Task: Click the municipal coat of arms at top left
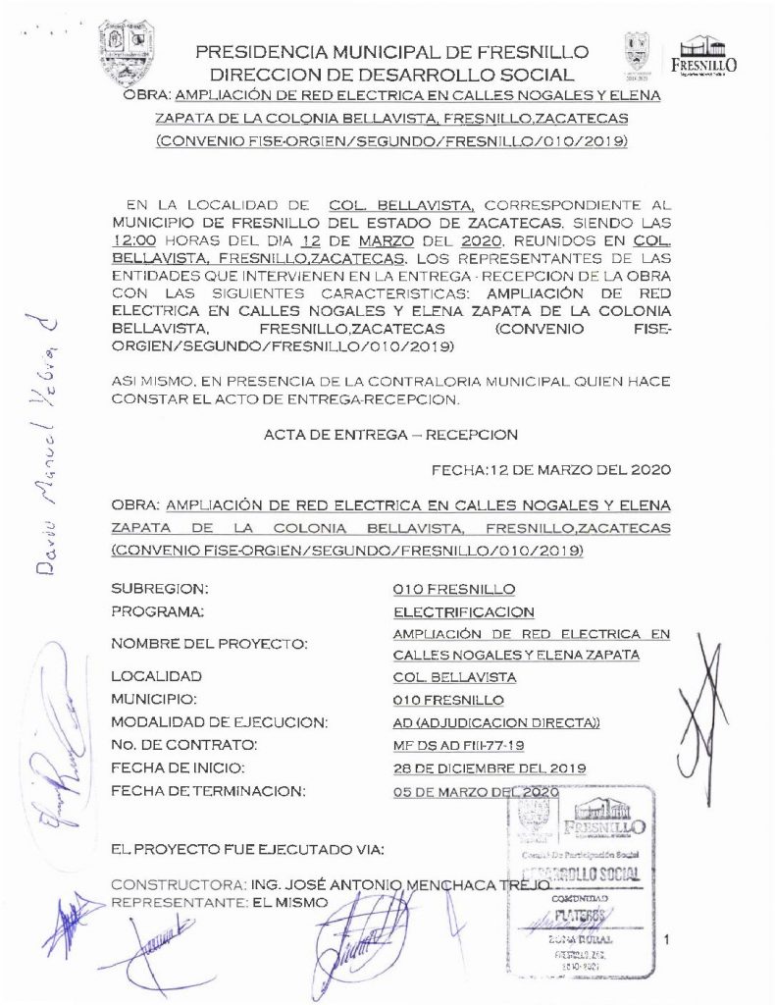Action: (x=129, y=53)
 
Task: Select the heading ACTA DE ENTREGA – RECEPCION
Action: (x=390, y=434)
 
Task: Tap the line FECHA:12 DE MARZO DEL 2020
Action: (x=551, y=470)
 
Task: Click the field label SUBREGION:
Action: (x=161, y=589)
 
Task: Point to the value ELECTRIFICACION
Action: (x=452, y=612)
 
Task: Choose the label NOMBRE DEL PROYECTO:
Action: (x=210, y=644)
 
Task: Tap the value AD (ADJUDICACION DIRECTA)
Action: (x=495, y=723)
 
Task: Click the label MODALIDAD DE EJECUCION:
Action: (x=220, y=723)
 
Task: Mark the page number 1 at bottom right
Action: (x=666, y=941)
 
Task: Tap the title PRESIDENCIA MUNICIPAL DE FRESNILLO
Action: (x=392, y=52)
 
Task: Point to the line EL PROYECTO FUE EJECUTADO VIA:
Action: (x=248, y=847)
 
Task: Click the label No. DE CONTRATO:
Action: (x=184, y=746)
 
